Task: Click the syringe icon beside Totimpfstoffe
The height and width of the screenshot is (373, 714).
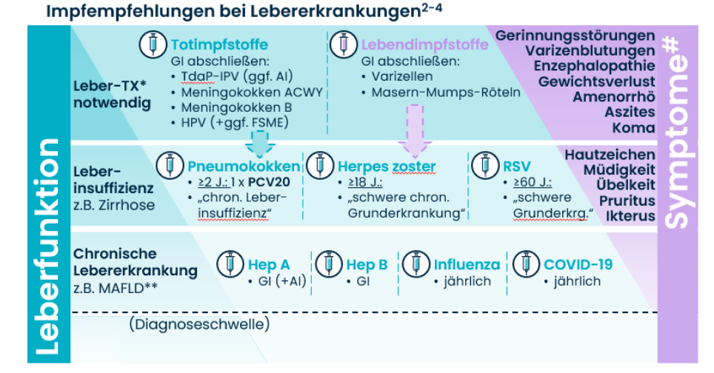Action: tap(153, 44)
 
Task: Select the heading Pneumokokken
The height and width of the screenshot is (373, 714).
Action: tap(244, 165)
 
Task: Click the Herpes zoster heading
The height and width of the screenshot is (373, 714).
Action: tap(387, 165)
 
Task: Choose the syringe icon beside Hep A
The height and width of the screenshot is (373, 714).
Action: tap(230, 263)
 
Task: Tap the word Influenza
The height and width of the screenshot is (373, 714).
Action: tap(466, 264)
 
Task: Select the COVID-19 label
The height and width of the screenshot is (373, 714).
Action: tap(578, 264)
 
